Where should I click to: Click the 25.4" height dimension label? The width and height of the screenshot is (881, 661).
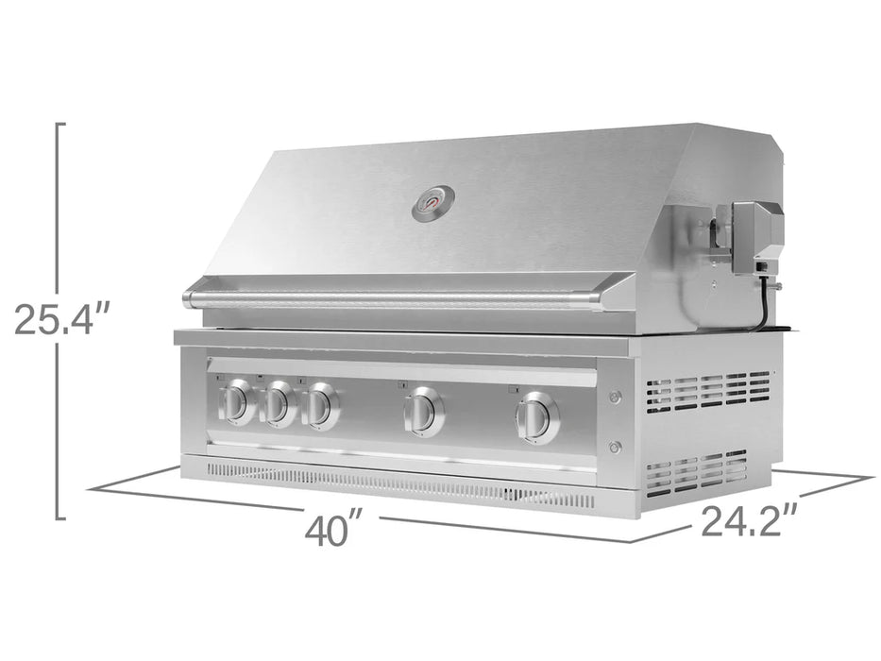pos(63,319)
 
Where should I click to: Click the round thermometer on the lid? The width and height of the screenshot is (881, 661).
pos(433,204)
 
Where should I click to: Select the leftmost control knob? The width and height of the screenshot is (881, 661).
pos(237,402)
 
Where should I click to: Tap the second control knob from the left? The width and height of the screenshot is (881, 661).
pos(278,405)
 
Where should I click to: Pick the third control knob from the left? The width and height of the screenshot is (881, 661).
pos(321,406)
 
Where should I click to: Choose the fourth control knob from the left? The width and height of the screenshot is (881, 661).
pos(424,413)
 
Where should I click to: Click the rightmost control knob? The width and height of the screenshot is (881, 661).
pos(537,417)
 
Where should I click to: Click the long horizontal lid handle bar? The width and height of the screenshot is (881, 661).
pos(392,299)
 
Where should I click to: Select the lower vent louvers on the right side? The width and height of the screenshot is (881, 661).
pos(696,471)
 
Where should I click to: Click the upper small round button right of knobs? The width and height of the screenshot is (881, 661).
pos(616,398)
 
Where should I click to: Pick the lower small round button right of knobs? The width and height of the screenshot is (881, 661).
pos(616,447)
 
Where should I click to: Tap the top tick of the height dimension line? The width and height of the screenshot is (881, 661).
pos(60,125)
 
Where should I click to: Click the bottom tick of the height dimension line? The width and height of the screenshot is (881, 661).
pos(60,517)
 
